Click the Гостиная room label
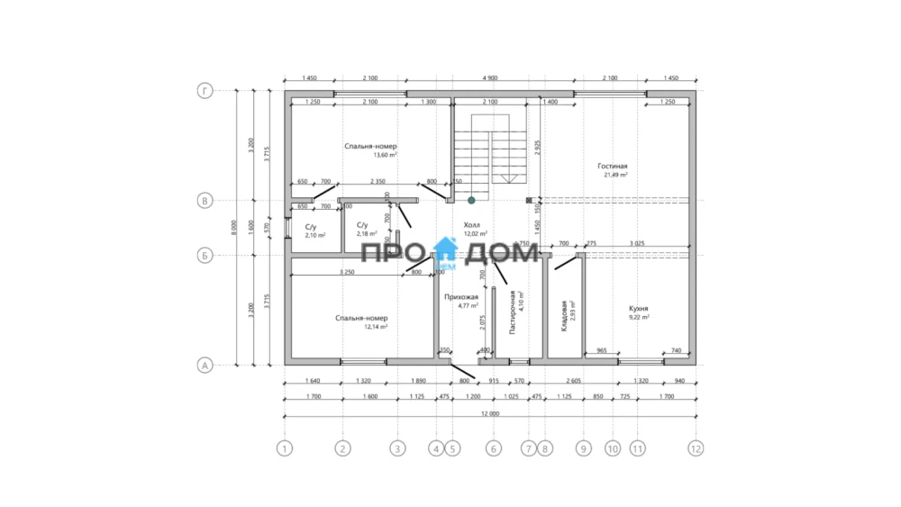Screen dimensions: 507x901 point(612,167)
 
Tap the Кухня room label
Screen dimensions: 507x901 point(638,308)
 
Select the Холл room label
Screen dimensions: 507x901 point(471,225)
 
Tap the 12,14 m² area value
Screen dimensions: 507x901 point(376,327)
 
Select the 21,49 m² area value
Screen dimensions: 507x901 point(615,175)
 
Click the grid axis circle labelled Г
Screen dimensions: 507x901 point(205,92)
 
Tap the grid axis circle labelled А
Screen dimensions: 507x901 point(205,365)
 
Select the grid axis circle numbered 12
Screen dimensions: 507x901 point(695,447)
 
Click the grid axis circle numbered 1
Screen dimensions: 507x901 point(285,447)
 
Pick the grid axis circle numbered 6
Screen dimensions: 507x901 point(493,447)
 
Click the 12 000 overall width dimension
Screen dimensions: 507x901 point(490,413)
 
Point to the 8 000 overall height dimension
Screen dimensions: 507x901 point(235,228)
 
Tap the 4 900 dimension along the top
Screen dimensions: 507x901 point(490,78)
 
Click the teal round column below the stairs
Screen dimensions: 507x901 point(471,200)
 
